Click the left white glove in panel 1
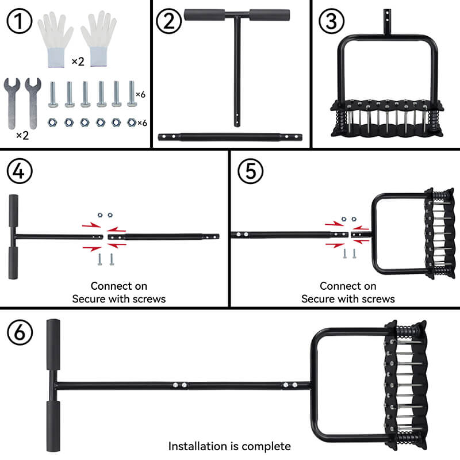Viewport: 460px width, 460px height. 55,37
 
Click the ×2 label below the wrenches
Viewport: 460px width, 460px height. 22,135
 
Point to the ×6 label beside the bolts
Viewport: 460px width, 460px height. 141,94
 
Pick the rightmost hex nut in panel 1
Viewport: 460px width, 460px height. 131,122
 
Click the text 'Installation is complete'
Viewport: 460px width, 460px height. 229,446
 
